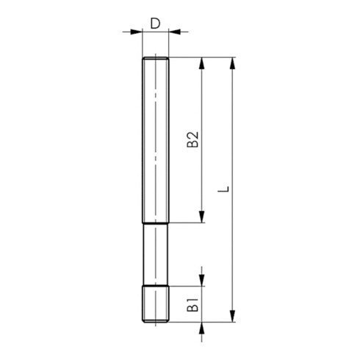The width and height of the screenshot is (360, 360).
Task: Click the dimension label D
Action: [x=155, y=24]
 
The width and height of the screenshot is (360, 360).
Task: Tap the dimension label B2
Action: [x=192, y=140]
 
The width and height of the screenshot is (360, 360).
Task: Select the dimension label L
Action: [x=223, y=190]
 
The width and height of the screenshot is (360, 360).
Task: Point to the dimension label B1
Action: [x=192, y=305]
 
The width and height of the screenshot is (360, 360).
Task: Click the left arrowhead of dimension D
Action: [x=137, y=32]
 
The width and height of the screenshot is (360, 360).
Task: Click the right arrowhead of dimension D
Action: [x=175, y=32]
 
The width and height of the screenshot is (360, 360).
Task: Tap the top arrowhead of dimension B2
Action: [x=201, y=63]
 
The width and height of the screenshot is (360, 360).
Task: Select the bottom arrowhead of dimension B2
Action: [x=201, y=217]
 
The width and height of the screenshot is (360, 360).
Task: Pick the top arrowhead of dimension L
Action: [x=233, y=63]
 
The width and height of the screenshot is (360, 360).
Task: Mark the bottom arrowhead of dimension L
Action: [x=233, y=316]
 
